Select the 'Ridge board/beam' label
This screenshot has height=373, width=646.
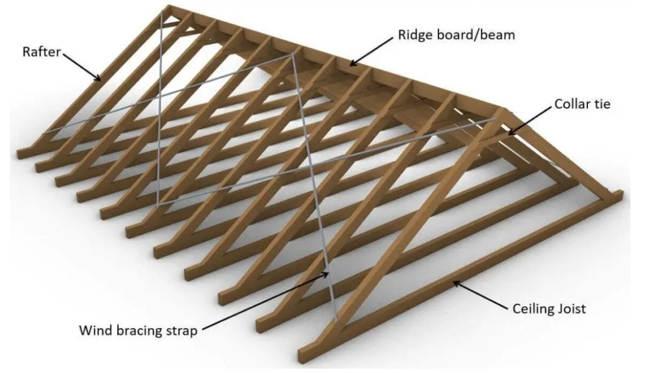point(456,34)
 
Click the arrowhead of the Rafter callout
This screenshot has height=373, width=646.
point(100,80)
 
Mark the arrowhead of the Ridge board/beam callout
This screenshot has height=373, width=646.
point(350,64)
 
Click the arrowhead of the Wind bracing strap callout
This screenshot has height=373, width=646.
point(329,271)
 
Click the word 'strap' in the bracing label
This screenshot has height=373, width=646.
point(181,329)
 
